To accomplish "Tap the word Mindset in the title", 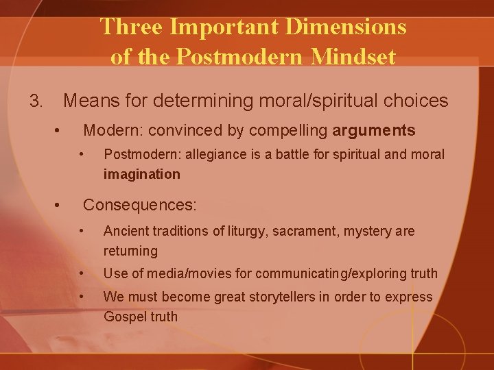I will pyautogui.click(x=354, y=56).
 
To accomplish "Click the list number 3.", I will pyautogui.click(x=36, y=101).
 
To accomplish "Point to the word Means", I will pyautogui.click(x=89, y=101).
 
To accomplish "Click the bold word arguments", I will pyautogui.click(x=374, y=130).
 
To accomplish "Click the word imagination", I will pyautogui.click(x=142, y=174).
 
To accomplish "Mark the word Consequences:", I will pyautogui.click(x=140, y=204).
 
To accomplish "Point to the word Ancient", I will pyautogui.click(x=126, y=232).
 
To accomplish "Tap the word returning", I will pyautogui.click(x=130, y=251).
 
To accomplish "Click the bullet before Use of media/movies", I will pyautogui.click(x=82, y=273).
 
